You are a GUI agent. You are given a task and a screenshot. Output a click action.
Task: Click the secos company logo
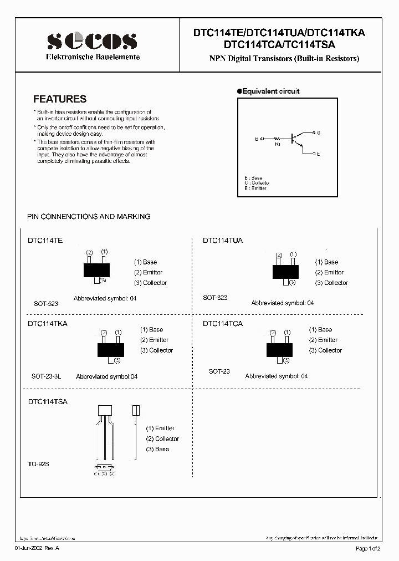click(92, 42)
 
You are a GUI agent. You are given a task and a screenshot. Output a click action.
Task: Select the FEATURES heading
click(60, 99)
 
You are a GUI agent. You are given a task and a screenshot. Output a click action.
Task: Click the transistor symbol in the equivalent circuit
click(299, 140)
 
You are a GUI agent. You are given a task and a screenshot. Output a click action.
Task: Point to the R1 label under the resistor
click(278, 144)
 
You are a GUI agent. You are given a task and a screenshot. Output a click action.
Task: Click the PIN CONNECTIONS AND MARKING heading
click(89, 217)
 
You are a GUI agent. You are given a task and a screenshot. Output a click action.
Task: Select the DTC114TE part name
click(45, 241)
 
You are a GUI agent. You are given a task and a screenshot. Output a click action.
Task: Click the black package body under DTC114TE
click(97, 270)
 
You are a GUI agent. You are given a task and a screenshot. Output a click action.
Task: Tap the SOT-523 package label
click(46, 304)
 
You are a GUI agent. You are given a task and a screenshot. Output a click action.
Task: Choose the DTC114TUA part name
click(223, 241)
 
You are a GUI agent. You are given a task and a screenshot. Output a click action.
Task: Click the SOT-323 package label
click(215, 298)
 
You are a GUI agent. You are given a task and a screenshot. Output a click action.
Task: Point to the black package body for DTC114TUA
click(286, 271)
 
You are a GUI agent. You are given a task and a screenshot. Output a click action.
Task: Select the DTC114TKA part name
click(47, 323)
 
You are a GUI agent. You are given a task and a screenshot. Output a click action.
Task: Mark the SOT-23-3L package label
click(47, 376)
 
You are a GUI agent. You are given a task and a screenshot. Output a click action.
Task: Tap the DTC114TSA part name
click(47, 401)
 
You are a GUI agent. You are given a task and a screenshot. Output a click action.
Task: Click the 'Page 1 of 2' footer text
click(368, 548)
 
